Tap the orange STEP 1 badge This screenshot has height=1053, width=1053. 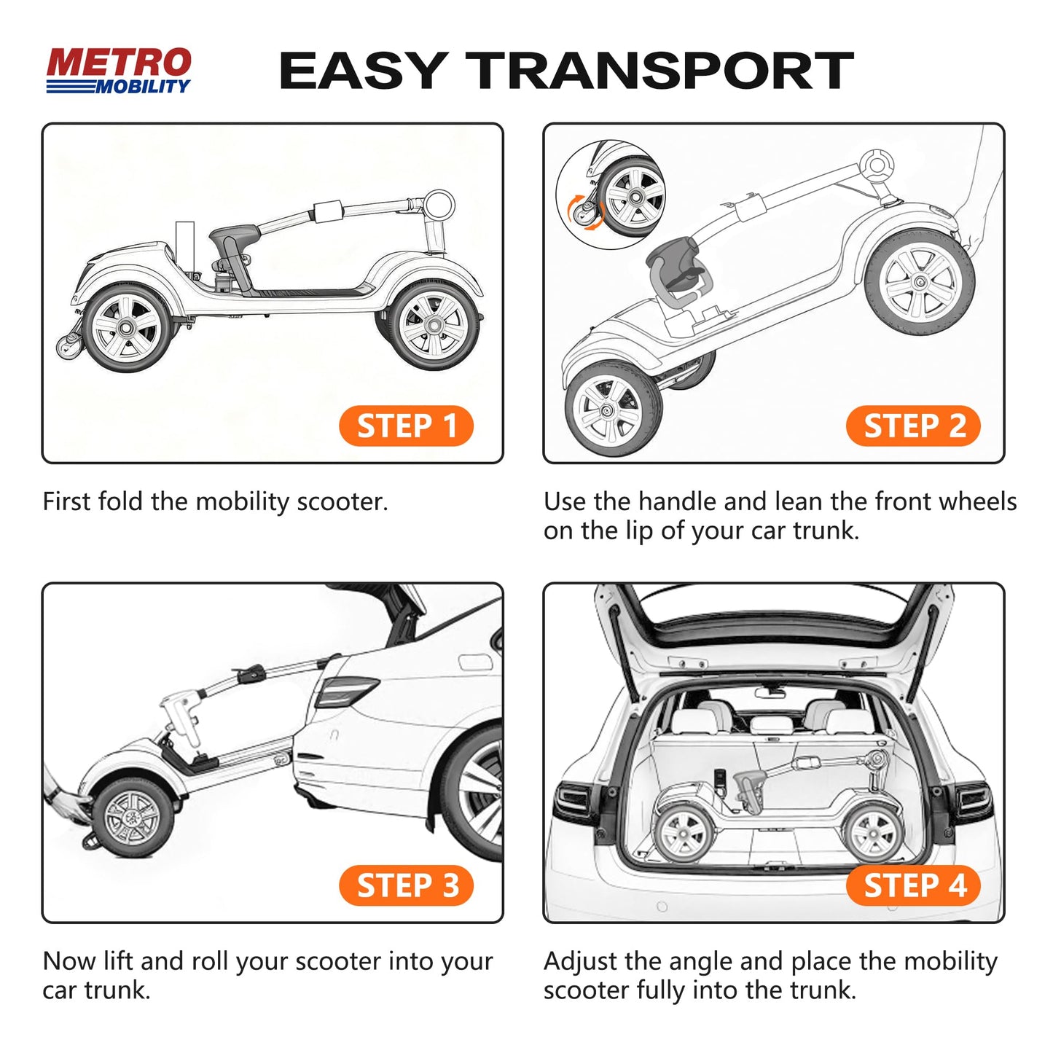pos(406,426)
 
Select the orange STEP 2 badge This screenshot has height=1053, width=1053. pos(913,426)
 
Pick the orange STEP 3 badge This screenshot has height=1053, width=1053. pos(406,886)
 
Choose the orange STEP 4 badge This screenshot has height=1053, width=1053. pos(913,886)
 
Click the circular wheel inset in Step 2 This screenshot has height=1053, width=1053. pos(611,195)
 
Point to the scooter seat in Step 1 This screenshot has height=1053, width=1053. pos(235,237)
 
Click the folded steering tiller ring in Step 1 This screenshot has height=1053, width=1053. pos(439,205)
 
